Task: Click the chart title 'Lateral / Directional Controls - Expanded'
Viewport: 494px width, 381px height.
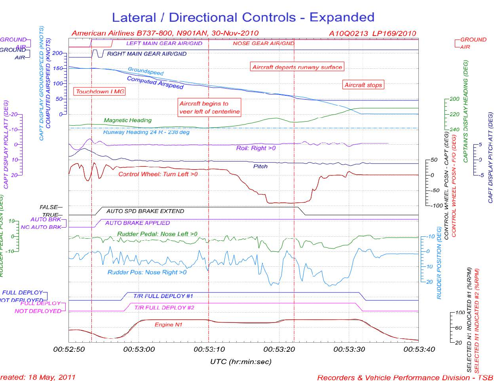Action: coord(243,17)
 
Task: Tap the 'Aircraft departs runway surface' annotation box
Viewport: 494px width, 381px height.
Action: coord(297,67)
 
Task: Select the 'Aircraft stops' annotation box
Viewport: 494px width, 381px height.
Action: coord(363,85)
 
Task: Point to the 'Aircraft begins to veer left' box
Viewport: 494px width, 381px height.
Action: coord(209,108)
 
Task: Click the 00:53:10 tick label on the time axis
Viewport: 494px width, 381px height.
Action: coord(209,349)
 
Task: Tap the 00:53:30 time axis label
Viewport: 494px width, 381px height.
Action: coord(349,349)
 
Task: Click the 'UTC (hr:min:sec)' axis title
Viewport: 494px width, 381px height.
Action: coord(241,361)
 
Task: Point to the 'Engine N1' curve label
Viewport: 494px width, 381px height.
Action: coord(168,324)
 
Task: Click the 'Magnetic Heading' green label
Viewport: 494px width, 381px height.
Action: coord(127,120)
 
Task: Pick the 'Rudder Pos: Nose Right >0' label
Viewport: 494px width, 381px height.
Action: coord(147,272)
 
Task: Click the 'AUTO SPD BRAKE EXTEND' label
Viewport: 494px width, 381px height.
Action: coord(145,211)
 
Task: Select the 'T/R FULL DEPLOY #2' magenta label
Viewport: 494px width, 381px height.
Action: coord(164,307)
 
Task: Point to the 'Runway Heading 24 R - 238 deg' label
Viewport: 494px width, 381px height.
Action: coord(146,132)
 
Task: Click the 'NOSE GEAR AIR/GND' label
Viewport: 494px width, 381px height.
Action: coord(263,43)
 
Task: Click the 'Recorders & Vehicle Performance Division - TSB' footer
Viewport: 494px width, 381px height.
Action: coord(405,377)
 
